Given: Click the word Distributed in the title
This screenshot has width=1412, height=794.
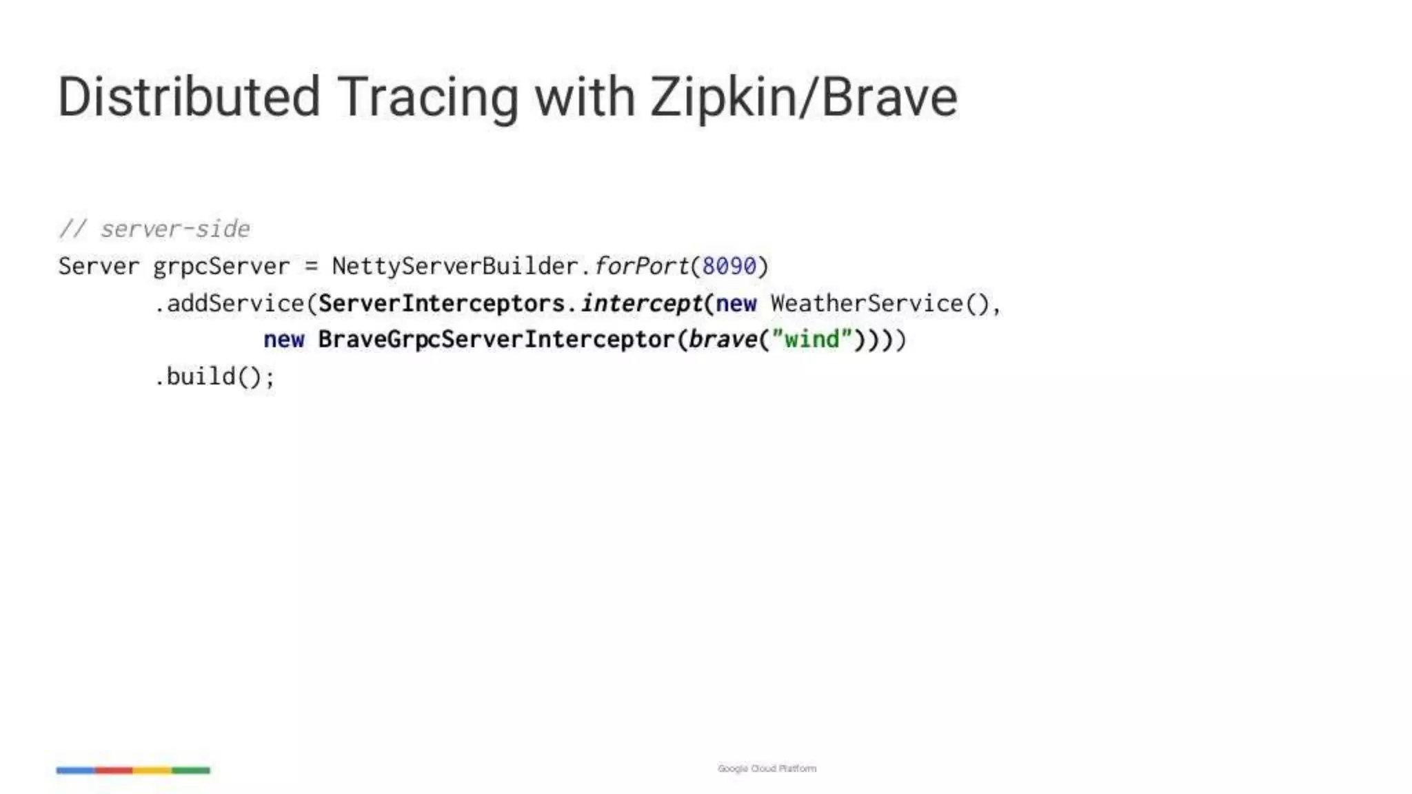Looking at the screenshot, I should (x=189, y=96).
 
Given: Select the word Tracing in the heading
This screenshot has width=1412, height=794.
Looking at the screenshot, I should (x=427, y=96).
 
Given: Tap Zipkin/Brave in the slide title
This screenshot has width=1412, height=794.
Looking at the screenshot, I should (x=803, y=96).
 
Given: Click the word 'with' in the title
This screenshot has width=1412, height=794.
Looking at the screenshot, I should (x=585, y=96).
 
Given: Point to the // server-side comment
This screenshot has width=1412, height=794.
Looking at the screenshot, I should (x=154, y=229).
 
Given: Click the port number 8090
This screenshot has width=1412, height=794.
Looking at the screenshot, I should (x=729, y=266).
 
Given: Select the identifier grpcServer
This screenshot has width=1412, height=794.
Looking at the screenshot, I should (x=221, y=266).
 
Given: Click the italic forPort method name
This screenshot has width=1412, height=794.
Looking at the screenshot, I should (x=641, y=266).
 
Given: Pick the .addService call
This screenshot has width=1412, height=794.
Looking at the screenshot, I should (x=229, y=303).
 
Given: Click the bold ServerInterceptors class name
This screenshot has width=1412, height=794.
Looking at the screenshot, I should (x=441, y=303).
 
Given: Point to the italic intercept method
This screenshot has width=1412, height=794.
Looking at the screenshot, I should (x=641, y=303).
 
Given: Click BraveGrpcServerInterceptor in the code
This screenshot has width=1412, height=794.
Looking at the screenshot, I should (x=496, y=340).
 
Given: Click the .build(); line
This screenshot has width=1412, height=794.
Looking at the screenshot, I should (x=214, y=377).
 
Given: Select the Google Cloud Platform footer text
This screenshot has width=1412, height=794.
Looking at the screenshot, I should (x=767, y=768).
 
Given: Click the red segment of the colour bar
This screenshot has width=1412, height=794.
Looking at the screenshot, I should (x=114, y=770).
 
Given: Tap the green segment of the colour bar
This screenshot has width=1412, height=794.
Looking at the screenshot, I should (x=191, y=770).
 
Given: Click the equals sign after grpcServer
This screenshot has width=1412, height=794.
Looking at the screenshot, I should (x=312, y=267).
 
